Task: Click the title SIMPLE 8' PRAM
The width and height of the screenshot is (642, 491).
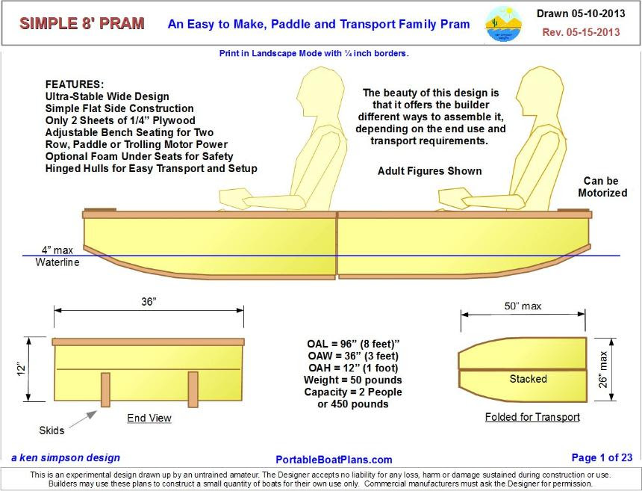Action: tap(82, 23)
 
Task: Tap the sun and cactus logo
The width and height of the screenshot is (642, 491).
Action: tap(503, 23)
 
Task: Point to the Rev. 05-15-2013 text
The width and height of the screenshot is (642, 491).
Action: tap(581, 33)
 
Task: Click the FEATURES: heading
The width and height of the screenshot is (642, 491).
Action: tap(75, 84)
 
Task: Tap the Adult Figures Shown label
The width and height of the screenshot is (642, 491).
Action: tap(429, 171)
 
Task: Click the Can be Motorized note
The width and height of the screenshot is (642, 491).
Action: tap(602, 187)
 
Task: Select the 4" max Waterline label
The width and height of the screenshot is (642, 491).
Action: tap(57, 256)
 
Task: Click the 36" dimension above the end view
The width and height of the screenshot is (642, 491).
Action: tap(149, 301)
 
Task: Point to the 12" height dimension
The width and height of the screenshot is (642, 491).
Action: tap(22, 368)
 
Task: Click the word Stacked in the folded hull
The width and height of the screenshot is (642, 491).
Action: tap(528, 379)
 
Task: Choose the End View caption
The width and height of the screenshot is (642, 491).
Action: tap(149, 419)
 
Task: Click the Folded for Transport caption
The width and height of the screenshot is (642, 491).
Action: tap(532, 417)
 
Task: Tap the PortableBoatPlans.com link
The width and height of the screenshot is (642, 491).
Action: tap(334, 460)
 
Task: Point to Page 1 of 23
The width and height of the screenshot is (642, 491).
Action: tap(602, 458)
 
